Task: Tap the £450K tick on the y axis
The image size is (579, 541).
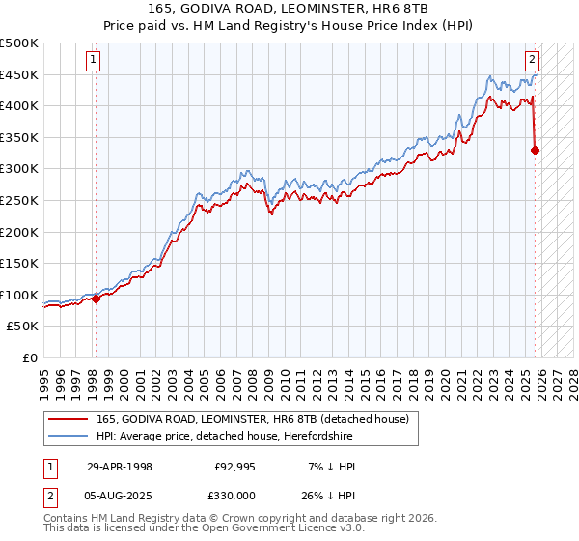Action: (x=19, y=74)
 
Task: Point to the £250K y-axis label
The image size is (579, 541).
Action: (x=19, y=200)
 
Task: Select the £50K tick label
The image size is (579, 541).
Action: (x=23, y=327)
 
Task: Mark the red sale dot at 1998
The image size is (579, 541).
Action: (x=96, y=299)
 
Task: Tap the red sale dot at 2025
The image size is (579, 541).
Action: (x=536, y=150)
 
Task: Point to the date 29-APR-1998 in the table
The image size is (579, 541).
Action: (x=120, y=467)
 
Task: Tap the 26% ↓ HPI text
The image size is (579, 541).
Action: (x=330, y=494)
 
